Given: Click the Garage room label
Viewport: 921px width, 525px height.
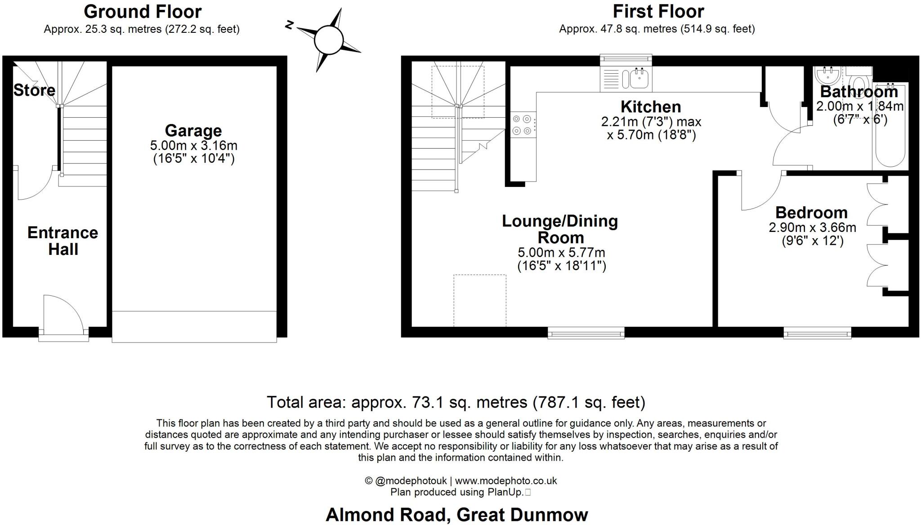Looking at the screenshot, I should coord(193,131).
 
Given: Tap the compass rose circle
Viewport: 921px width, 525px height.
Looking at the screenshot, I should coord(329,40).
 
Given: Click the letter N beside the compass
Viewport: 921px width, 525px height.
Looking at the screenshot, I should coord(290,25).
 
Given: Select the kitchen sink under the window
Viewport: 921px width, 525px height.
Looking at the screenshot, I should coord(639,80).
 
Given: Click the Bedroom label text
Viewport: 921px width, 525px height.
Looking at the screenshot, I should coord(811,212).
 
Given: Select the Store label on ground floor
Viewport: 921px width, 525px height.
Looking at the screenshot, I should coord(34,90).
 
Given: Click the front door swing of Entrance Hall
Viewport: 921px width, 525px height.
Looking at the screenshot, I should coord(63,312).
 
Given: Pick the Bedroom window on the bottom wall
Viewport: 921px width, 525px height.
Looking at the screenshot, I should coord(817,333).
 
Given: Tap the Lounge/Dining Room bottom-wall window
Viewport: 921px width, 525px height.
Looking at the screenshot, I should coord(586,333).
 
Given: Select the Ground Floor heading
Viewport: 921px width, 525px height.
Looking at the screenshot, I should coord(143,11).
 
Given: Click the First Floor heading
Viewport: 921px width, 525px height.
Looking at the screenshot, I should coord(658,11).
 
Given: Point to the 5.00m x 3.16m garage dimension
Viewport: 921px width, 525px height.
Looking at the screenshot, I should coord(193,146).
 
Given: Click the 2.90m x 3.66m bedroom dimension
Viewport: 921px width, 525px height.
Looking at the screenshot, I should coord(812,227).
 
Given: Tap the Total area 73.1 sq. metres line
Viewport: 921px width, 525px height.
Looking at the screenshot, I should coord(456,402).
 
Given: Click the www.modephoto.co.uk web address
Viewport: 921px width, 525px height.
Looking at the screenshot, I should coord(506,481).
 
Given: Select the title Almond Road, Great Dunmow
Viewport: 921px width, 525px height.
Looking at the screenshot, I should coord(456,515).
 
